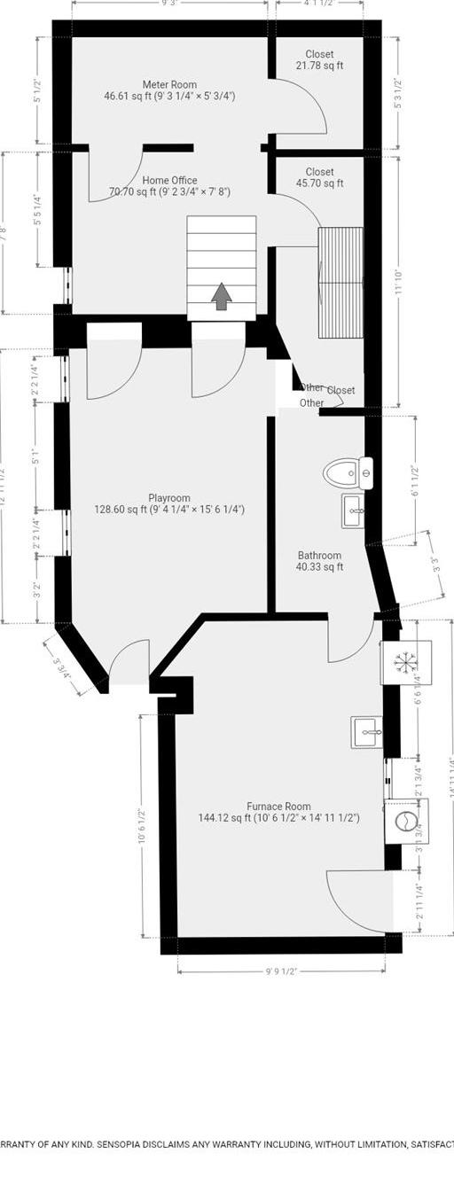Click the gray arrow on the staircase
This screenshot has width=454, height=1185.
point(221,296)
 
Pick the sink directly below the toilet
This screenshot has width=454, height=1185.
point(352,511)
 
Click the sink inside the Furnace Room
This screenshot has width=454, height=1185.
point(366,732)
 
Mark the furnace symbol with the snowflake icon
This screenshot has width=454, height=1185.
point(405,662)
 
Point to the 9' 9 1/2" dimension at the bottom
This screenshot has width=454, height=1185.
point(280,971)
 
